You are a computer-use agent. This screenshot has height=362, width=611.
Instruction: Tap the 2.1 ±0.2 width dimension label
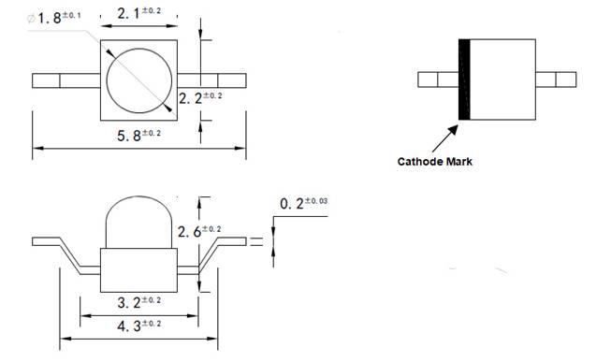click(x=138, y=13)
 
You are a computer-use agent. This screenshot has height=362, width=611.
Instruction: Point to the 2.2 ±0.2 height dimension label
click(x=200, y=97)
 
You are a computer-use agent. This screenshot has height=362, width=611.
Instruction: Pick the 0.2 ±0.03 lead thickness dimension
click(x=305, y=204)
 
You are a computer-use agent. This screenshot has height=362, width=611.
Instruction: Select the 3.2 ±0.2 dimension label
click(x=138, y=301)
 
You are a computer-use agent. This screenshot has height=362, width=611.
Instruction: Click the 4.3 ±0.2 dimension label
click(x=138, y=325)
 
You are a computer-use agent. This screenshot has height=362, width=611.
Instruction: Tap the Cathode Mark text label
click(x=434, y=161)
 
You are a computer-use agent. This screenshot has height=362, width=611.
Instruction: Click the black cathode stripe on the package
click(x=462, y=80)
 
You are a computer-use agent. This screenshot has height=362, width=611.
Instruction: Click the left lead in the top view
click(x=65, y=80)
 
